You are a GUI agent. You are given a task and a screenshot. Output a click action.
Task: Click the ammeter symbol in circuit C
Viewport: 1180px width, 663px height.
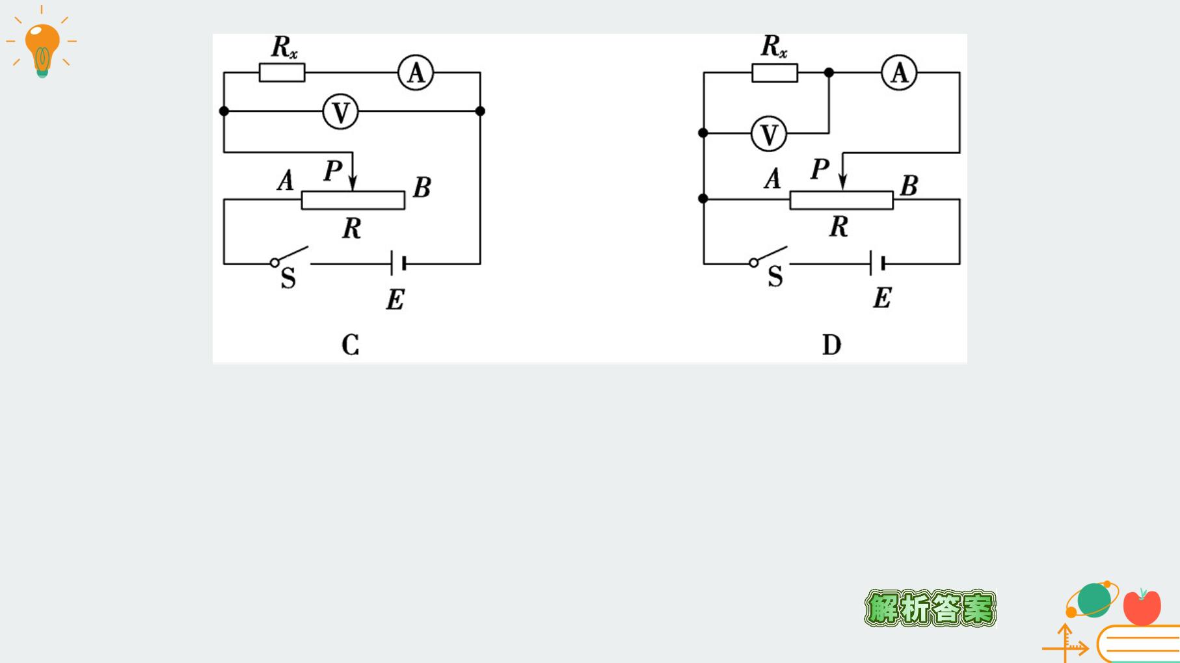tap(416, 73)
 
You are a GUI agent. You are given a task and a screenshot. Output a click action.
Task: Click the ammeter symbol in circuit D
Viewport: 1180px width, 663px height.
tap(899, 72)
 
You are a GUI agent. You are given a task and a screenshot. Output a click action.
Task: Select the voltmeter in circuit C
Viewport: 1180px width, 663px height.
tap(340, 112)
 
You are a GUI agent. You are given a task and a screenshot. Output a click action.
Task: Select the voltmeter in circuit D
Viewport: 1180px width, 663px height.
tap(769, 135)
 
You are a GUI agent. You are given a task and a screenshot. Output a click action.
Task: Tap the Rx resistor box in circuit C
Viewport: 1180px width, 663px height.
tap(282, 72)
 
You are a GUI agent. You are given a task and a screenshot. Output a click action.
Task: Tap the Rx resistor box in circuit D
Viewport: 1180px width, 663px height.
tap(775, 72)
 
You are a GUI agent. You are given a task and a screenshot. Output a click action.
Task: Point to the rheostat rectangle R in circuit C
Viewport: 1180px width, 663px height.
tap(353, 200)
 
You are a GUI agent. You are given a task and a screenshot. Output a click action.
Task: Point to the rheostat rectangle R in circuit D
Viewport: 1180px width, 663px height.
tap(842, 200)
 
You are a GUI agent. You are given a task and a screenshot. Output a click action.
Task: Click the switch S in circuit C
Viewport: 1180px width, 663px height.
tap(289, 256)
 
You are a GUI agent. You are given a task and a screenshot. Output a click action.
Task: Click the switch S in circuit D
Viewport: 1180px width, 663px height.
tap(769, 256)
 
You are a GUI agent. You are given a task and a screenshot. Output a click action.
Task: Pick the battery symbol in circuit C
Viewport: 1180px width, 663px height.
tap(398, 263)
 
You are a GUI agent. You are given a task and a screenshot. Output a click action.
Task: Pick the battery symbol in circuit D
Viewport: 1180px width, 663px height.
tap(877, 263)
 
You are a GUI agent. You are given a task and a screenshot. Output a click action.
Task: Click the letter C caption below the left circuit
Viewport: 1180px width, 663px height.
tap(350, 344)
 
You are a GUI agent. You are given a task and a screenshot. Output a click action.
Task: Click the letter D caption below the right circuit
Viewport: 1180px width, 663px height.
tap(831, 344)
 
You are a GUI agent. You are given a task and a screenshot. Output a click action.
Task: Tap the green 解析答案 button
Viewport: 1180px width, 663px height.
tap(930, 608)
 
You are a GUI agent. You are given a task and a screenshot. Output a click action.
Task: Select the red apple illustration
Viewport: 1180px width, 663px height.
tap(1142, 606)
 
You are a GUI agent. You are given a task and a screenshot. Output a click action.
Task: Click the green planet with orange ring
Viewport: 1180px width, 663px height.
tap(1093, 599)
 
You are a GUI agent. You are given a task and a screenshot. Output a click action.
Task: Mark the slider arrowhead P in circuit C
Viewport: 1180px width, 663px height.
tap(353, 183)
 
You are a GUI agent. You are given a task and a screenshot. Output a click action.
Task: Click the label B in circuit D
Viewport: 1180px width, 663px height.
tap(909, 186)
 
